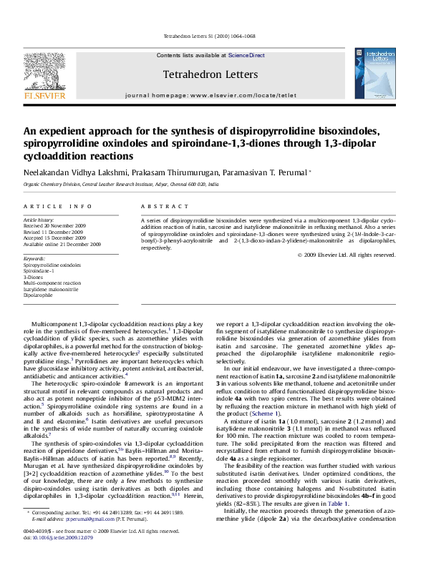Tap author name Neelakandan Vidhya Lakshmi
click(70, 172)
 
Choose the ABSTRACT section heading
click(157, 206)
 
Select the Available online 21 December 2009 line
click(62, 244)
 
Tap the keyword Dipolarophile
click(38, 294)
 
